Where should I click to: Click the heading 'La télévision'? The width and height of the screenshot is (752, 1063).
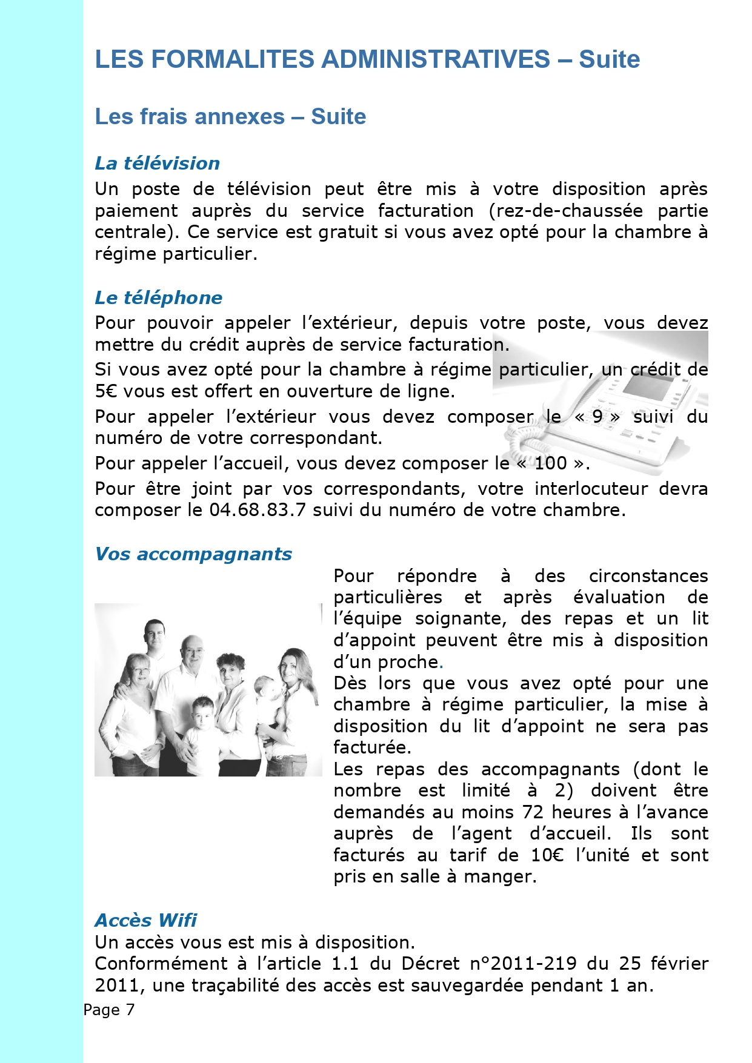tap(157, 164)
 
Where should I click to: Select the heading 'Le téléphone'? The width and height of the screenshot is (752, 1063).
tap(158, 298)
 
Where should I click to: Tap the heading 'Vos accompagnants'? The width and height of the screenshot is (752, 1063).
tap(193, 554)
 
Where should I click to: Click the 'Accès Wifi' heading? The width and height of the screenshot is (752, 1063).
tap(145, 921)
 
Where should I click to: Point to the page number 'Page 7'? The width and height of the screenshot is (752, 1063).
tap(109, 1010)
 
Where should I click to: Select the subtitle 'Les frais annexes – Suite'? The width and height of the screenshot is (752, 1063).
tap(230, 116)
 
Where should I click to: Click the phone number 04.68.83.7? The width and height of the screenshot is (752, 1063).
tap(258, 510)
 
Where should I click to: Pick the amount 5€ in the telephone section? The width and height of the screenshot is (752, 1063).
tap(106, 391)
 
